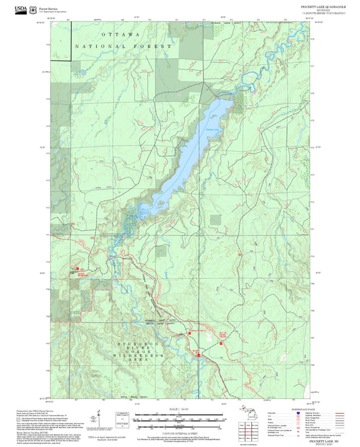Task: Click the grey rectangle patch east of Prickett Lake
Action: click(x=215, y=219)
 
